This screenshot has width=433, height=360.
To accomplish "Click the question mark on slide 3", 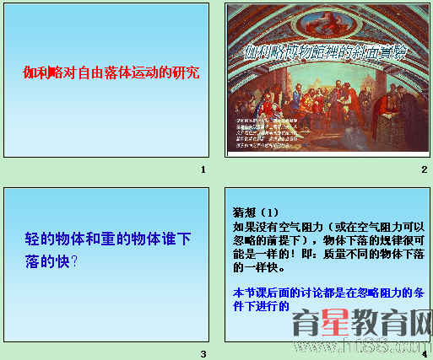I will click(x=74, y=261).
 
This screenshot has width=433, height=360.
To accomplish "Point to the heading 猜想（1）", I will click(x=254, y=211).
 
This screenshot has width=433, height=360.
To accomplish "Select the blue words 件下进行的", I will click(x=260, y=307).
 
